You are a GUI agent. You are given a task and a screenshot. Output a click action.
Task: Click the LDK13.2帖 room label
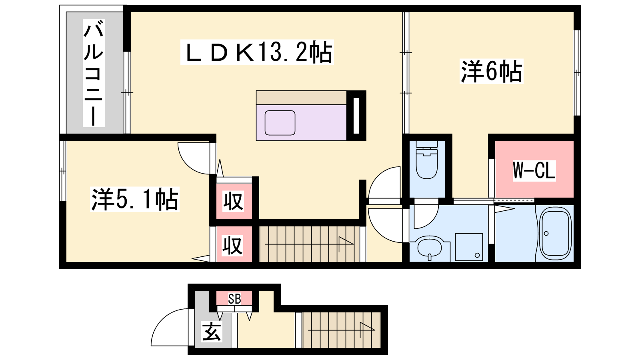click(x=257, y=52)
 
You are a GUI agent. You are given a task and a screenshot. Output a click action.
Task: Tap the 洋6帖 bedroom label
click(x=492, y=71)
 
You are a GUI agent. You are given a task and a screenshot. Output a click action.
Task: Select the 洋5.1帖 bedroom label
click(x=134, y=199)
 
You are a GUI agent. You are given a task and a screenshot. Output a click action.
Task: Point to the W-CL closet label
click(x=534, y=170)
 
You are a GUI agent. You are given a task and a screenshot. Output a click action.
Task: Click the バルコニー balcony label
click(x=94, y=73)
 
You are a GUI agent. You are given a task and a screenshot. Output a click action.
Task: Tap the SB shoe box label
click(x=234, y=299)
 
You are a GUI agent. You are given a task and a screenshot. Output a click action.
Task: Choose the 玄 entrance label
click(x=212, y=332)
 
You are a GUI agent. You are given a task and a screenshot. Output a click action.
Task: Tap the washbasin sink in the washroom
click(x=430, y=248)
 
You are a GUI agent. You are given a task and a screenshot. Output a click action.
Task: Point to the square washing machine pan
click(x=469, y=247)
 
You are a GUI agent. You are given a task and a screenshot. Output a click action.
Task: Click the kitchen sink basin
click(x=280, y=123)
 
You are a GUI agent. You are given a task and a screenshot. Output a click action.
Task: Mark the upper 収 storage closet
click(x=234, y=201)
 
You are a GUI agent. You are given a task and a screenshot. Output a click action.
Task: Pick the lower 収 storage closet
click(x=234, y=244)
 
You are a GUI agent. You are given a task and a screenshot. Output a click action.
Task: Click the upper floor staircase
click(x=309, y=244)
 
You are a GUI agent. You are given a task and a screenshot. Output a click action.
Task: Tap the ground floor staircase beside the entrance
click(x=342, y=330)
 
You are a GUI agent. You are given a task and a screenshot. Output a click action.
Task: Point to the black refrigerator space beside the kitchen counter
click(x=356, y=116)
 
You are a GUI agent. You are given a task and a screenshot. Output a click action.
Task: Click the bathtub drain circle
click(x=546, y=234)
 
